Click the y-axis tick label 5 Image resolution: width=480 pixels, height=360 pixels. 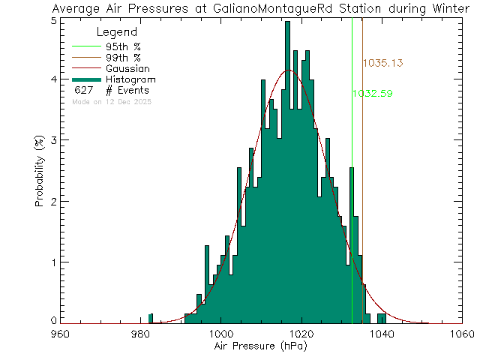tap(52, 20)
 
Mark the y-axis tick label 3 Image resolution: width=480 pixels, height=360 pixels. tap(52, 141)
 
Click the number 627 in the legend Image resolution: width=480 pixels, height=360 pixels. tap(83, 91)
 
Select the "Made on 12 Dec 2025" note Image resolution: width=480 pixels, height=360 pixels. tap(112, 101)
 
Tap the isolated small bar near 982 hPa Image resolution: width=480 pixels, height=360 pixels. tap(151, 319)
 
